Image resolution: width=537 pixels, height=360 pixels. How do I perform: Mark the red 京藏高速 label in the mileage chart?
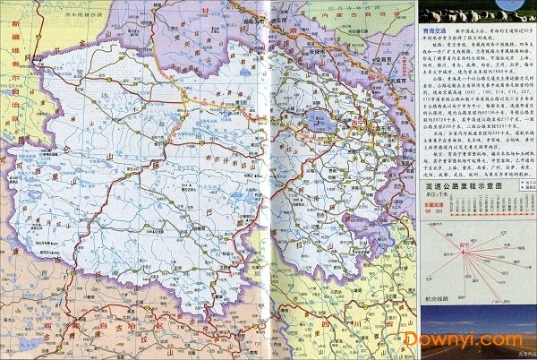(433, 202)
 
